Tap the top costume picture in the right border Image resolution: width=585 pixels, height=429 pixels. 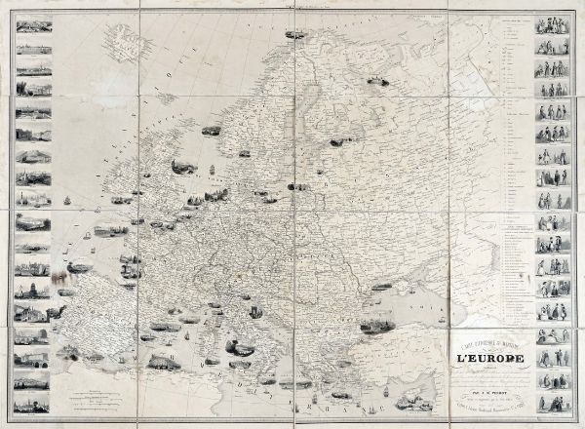point(549,26)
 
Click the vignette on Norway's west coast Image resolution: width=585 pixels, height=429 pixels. point(210,128)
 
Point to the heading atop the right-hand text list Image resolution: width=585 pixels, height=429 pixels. point(499,21)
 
